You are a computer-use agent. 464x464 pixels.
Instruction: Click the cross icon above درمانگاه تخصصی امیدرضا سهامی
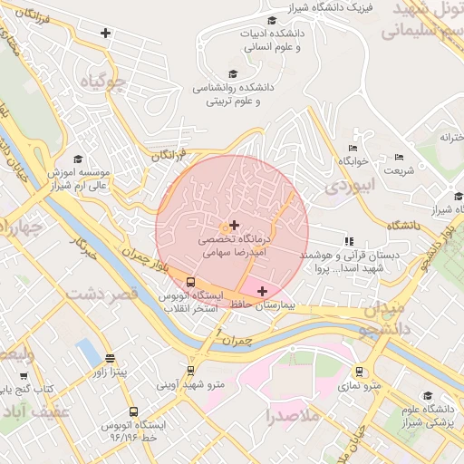click(235, 224)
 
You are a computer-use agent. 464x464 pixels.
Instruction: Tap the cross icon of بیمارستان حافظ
click(263, 291)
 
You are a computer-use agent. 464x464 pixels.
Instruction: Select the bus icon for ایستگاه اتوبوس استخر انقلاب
click(190, 281)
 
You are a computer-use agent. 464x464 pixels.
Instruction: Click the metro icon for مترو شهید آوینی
click(190, 371)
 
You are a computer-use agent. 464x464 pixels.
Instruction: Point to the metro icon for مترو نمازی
click(360, 371)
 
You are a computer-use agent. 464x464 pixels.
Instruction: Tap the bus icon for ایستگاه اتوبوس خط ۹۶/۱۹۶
click(134, 411)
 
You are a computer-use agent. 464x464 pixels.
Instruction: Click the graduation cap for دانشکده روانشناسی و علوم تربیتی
click(233, 74)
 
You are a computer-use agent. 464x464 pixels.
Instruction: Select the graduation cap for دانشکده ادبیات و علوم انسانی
click(272, 21)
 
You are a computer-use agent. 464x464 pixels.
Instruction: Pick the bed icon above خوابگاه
click(353, 148)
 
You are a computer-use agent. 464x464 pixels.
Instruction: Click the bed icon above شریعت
click(399, 157)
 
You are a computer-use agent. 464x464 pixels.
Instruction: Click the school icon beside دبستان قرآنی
click(348, 241)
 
